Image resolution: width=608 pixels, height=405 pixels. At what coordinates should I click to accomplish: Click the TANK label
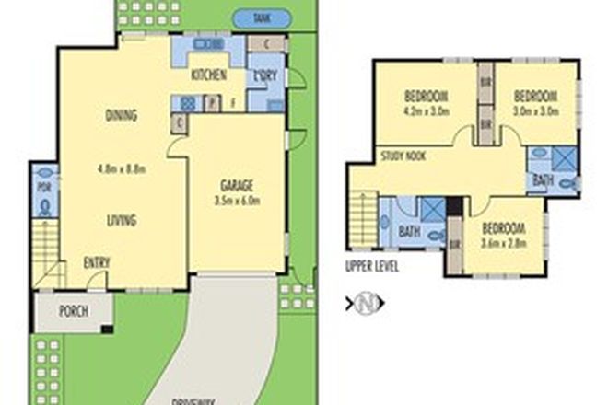[x=263, y=17]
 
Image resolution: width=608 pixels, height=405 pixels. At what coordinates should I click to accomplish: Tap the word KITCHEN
[x=208, y=75]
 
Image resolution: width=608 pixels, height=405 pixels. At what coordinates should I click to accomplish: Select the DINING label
[x=121, y=116]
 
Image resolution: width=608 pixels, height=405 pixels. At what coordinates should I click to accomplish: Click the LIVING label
[x=121, y=220]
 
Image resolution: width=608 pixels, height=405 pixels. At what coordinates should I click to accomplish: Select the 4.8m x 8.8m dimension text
[x=122, y=168]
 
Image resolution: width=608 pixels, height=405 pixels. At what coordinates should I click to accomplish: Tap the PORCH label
[x=73, y=311]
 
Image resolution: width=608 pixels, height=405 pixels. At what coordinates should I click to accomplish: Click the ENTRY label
[x=97, y=263]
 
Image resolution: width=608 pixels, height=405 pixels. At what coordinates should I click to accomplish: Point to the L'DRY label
[x=268, y=75]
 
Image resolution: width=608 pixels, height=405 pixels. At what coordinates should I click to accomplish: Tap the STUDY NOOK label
[x=403, y=157]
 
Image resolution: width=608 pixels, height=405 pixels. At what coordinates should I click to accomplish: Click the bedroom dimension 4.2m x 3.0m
[x=425, y=112]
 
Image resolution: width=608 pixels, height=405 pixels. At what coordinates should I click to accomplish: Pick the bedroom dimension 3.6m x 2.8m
[x=502, y=244]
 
